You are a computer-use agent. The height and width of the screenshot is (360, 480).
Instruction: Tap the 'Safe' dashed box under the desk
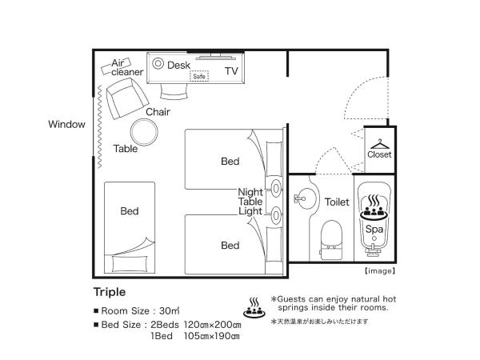click(198, 77)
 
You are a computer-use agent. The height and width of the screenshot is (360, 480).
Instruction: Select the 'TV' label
click(231, 71)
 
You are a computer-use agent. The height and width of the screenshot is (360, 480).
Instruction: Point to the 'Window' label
click(66, 124)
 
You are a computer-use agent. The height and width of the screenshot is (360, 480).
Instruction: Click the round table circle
click(145, 130)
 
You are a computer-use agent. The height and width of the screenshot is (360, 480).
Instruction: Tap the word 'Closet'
click(379, 154)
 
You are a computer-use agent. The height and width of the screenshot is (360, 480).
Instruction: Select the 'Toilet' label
click(338, 202)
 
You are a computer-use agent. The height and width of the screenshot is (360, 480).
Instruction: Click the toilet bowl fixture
click(330, 238)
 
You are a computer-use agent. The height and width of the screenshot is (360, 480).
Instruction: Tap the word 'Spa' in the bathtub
click(374, 228)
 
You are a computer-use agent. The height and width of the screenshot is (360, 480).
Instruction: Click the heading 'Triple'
click(110, 292)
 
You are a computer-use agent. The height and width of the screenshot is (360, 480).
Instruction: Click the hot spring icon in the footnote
click(254, 306)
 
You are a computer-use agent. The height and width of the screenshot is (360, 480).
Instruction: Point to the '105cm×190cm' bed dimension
click(211, 336)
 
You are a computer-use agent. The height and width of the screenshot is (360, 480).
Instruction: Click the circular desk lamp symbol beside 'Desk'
click(158, 63)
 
